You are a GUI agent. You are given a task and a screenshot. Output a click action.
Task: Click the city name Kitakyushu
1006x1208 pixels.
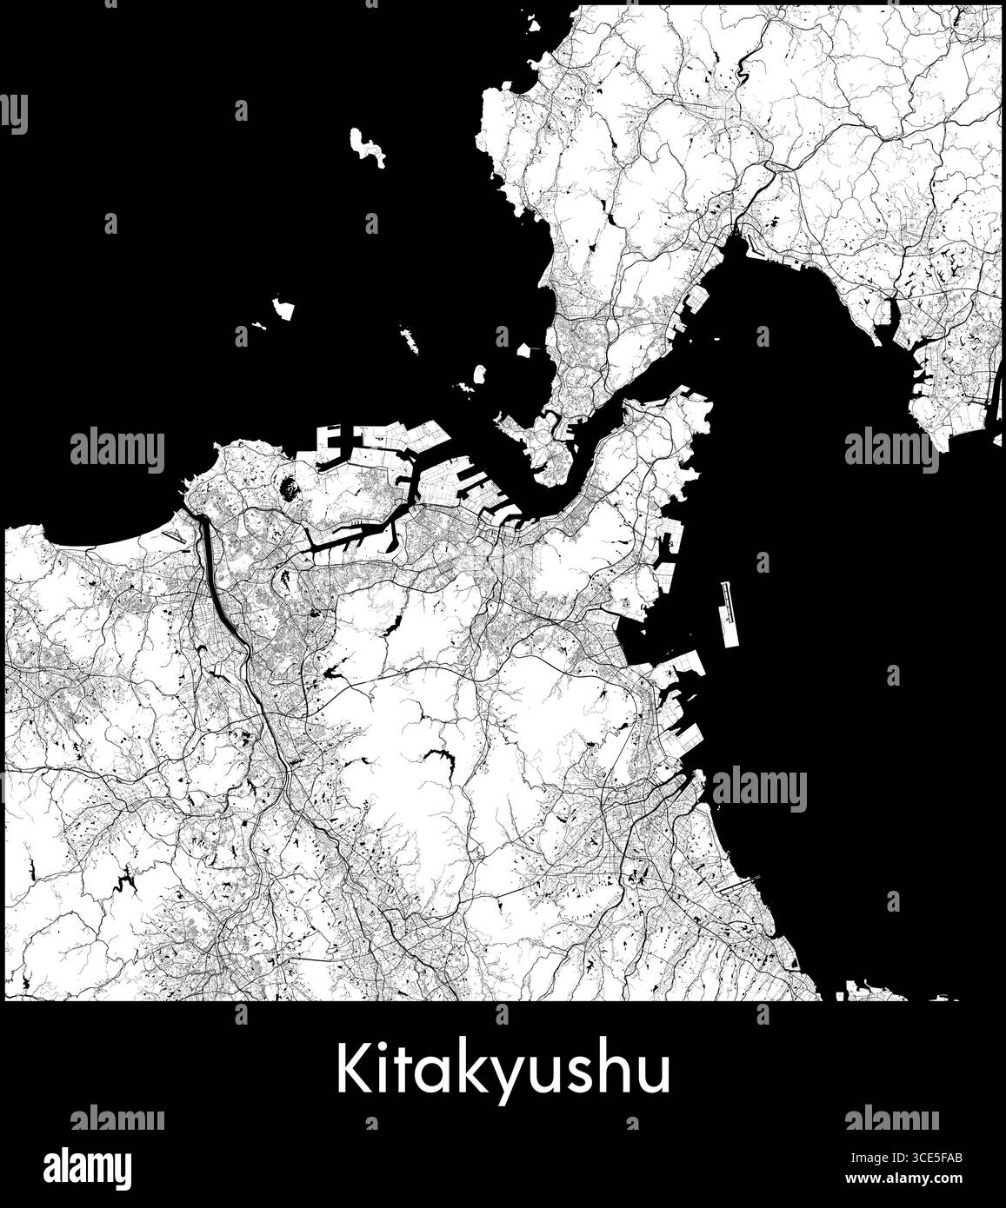[x=503, y=1071]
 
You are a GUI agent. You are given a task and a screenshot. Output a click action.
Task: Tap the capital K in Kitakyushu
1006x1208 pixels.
[x=351, y=1069]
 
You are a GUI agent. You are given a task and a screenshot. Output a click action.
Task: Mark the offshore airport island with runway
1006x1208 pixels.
[x=729, y=614]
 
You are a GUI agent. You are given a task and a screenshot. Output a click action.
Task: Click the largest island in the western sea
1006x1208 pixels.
[x=367, y=146]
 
